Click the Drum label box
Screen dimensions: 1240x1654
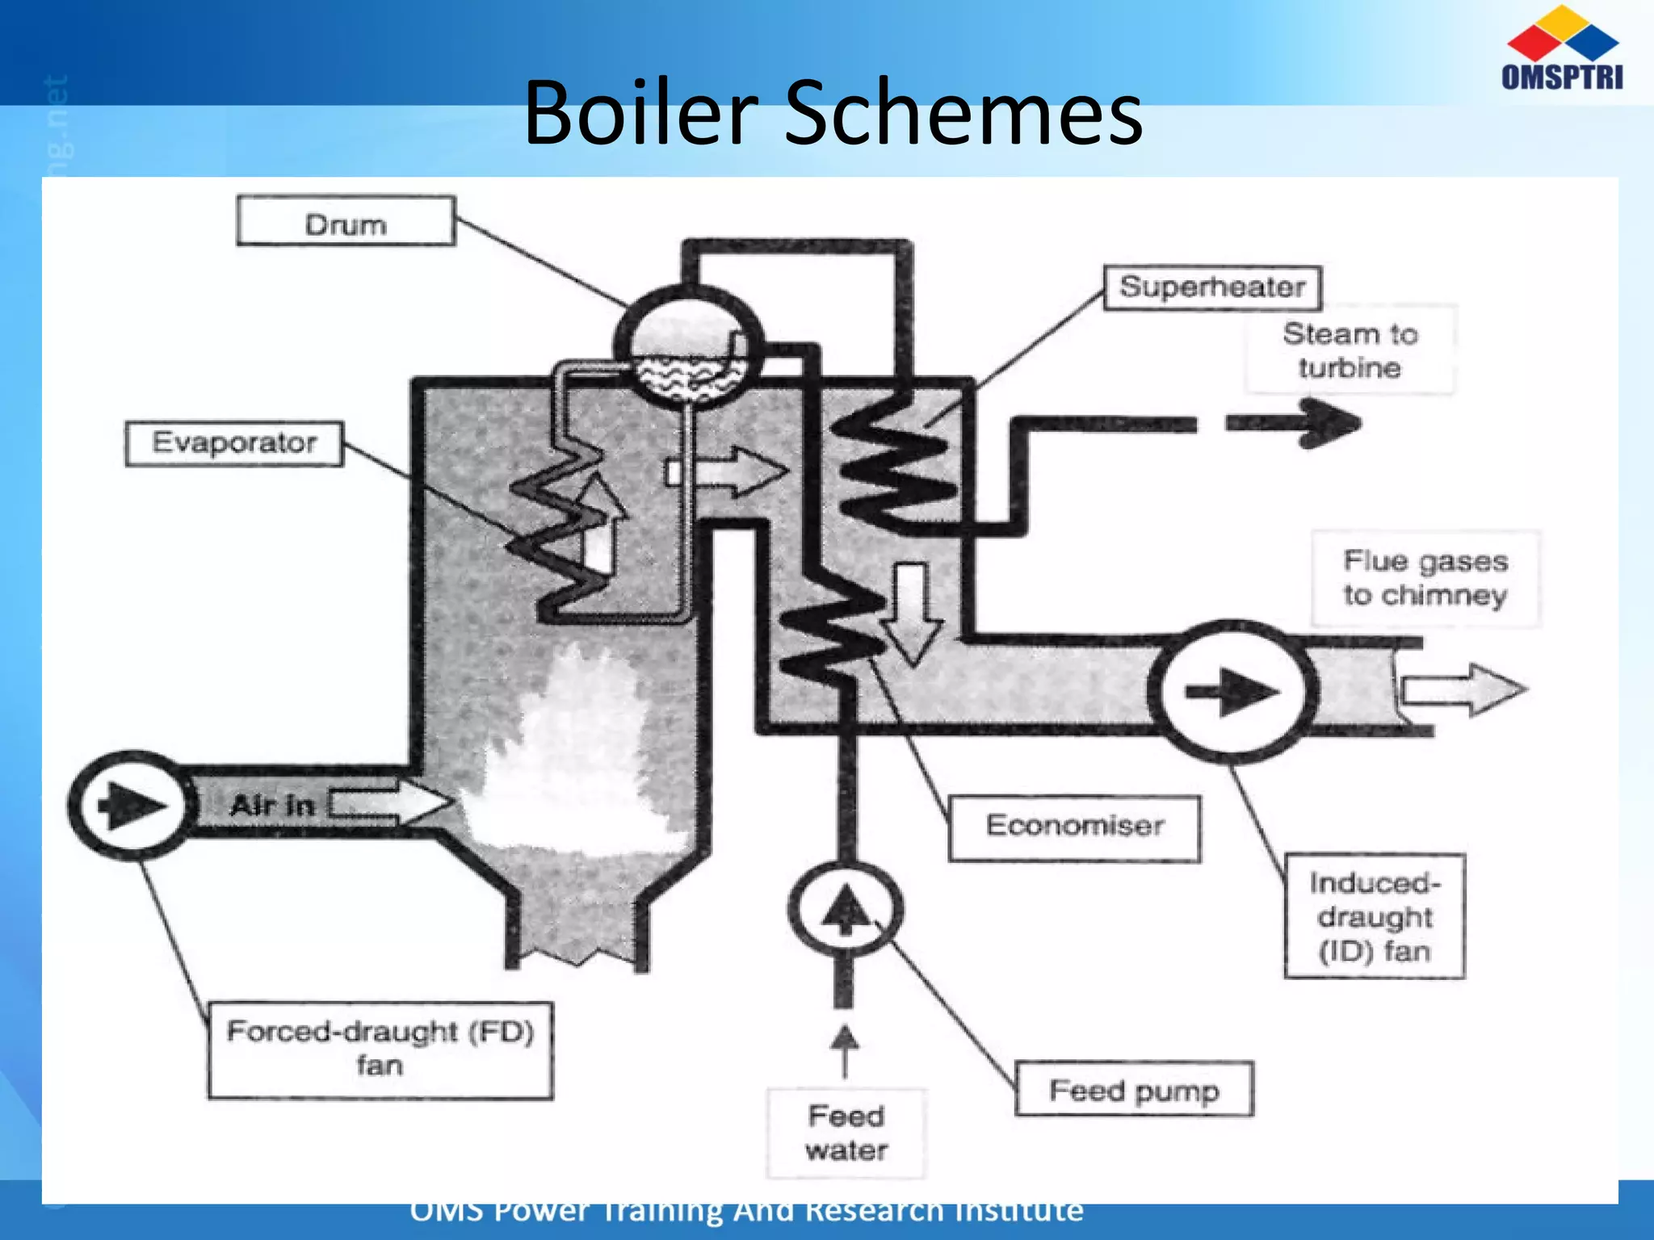coord(346,221)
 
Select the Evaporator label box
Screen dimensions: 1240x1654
coord(234,443)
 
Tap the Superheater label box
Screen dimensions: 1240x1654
coord(1212,287)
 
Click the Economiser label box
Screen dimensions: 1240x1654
coord(1074,827)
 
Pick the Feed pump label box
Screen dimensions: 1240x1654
coord(1134,1091)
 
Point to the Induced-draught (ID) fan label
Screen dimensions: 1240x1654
coord(1375,916)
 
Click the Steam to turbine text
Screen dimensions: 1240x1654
coord(1350,350)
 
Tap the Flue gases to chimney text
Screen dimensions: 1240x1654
coord(1425,578)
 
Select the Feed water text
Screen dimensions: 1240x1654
coord(846,1133)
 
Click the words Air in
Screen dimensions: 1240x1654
coord(272,806)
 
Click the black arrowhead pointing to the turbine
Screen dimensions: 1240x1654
coord(1329,423)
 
